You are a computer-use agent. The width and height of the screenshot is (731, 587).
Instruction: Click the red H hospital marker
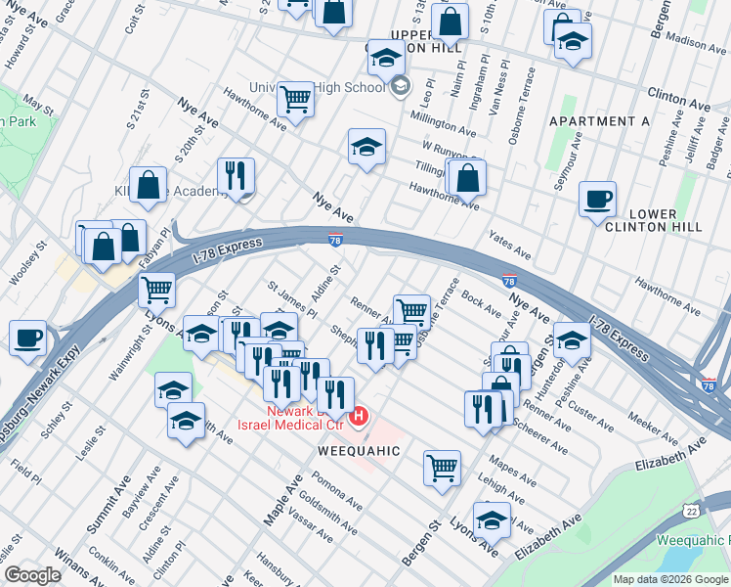point(359,418)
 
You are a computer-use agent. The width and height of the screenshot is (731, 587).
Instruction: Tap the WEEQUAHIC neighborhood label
point(359,451)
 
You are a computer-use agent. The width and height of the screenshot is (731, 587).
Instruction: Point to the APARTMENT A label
point(599,121)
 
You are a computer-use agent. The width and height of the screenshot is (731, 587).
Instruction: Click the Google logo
point(32,575)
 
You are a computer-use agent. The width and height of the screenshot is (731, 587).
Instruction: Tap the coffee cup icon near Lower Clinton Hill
point(597,200)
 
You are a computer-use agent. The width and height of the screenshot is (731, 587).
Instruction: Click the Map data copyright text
point(670,579)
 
